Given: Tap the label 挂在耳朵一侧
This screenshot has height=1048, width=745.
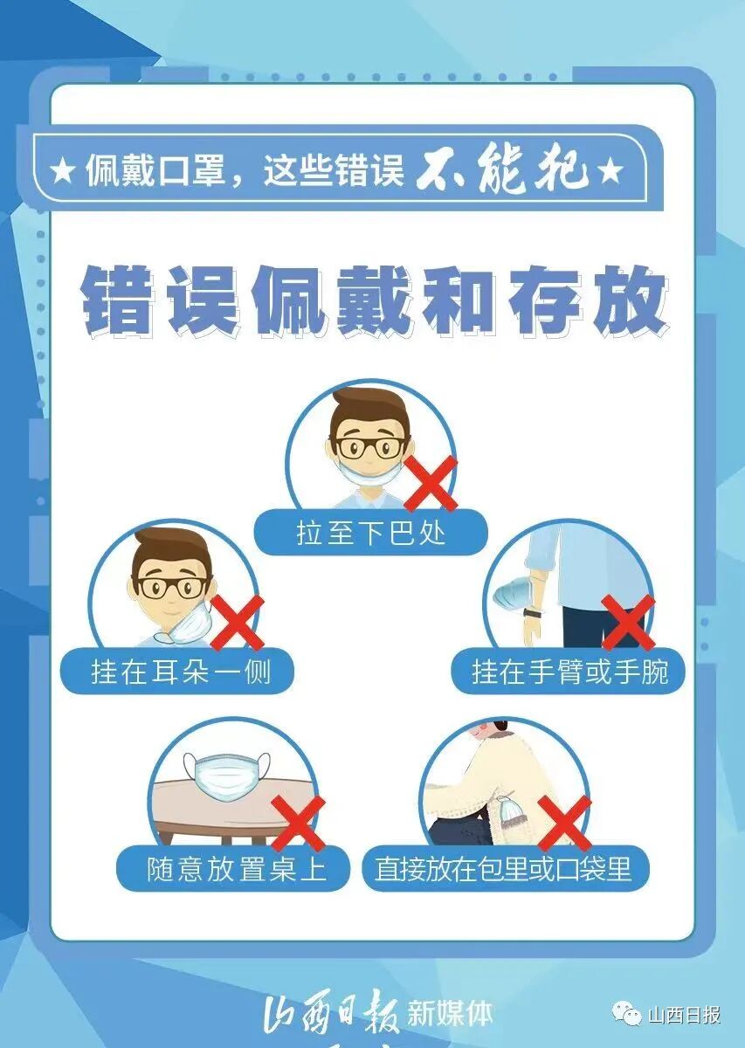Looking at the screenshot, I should click(x=180, y=671).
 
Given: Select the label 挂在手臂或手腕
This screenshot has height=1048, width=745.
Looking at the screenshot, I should click(x=569, y=671).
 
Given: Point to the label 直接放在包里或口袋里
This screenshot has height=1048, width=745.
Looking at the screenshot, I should click(x=504, y=869).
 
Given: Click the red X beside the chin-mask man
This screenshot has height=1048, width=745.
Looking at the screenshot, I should click(x=431, y=482).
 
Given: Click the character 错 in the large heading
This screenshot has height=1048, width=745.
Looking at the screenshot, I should click(x=116, y=301).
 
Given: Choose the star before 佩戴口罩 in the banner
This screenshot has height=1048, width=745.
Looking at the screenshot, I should click(x=63, y=172).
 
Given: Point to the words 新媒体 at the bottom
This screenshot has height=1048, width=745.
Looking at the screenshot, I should click(x=451, y=1014).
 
